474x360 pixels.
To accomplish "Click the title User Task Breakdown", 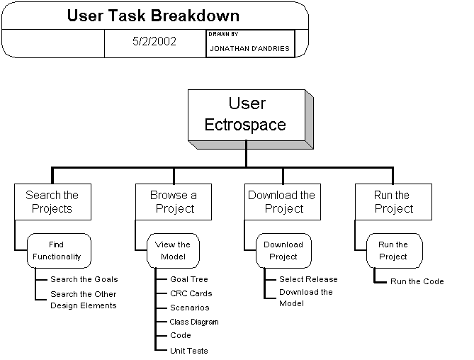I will click(x=153, y=15).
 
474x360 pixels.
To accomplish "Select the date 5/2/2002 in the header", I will click(x=154, y=41).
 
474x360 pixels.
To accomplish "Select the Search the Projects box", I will click(x=52, y=201).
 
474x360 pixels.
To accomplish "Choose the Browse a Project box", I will click(x=174, y=201).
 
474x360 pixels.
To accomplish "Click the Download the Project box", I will click(x=282, y=201).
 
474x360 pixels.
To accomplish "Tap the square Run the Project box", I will click(x=393, y=201).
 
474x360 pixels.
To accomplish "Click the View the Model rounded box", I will click(x=173, y=250).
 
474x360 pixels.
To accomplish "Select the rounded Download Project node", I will click(x=283, y=250).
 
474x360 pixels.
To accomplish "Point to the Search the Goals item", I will click(x=84, y=279).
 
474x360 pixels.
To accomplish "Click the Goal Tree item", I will click(x=189, y=279).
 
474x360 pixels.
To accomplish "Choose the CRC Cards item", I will click(x=191, y=293).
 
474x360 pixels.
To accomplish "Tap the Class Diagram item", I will click(x=194, y=322).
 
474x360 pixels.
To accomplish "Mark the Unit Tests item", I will click(x=188, y=350).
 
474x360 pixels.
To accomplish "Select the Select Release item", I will click(x=308, y=279).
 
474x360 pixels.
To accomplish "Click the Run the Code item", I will click(x=417, y=281).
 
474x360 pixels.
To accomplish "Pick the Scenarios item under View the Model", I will click(x=189, y=308).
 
